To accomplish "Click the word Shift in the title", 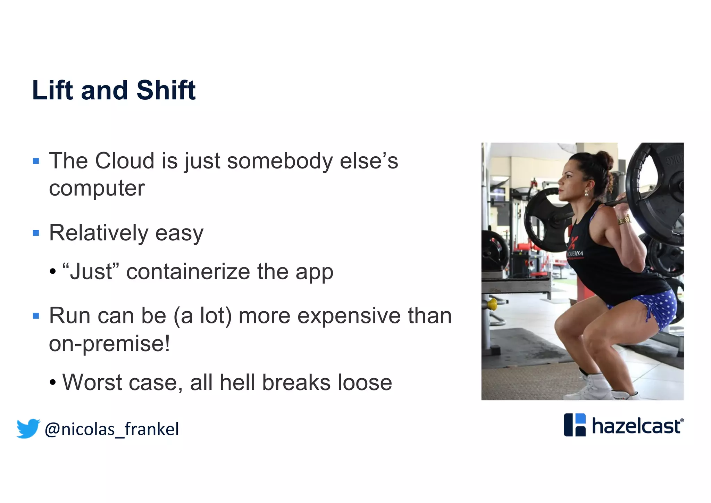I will coord(166,90).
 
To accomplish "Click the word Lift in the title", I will coord(52,90).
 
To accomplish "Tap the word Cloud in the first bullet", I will coord(125,161).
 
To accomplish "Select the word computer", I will coord(97,189).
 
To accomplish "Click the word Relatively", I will coord(99,233).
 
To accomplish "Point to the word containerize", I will coord(188,272).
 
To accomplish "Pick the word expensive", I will coord(349,316).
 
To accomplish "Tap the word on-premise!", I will coord(109,344).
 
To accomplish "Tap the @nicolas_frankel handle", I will coord(112,429).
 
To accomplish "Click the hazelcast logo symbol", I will coord(575,424).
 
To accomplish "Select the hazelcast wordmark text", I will coord(636,426).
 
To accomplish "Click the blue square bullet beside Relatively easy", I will coord(36,233).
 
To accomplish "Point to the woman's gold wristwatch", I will coord(624,220).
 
